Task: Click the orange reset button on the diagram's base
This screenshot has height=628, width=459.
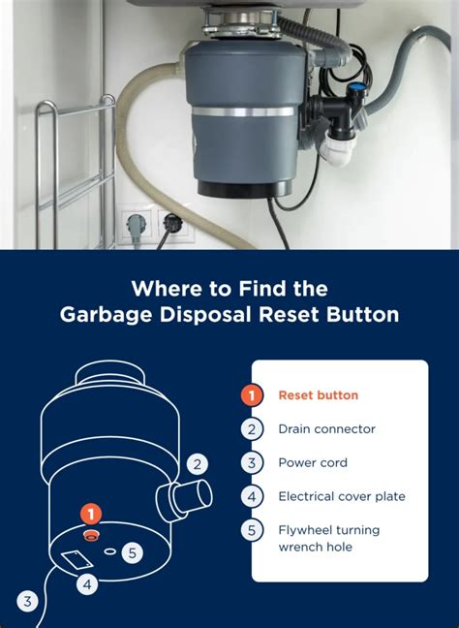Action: (91, 534)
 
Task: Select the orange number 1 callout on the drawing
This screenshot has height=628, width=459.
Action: (91, 514)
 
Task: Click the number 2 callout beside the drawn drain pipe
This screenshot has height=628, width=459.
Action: (198, 464)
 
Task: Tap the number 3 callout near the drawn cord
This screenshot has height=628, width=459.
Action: (28, 602)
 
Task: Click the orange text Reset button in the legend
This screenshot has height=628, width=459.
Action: (319, 394)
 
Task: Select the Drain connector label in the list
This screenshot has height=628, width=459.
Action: (326, 428)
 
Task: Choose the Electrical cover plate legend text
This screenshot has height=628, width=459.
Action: (342, 496)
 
